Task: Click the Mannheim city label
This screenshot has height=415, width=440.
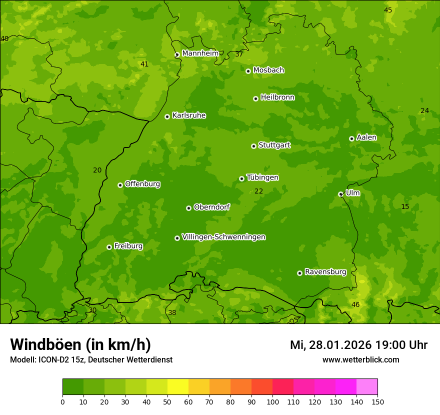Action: click(x=200, y=53)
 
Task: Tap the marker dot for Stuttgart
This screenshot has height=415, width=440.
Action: click(x=253, y=146)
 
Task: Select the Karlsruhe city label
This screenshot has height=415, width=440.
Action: click(x=189, y=115)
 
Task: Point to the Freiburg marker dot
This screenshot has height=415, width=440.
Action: click(x=109, y=247)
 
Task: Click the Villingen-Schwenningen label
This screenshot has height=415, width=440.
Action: click(x=223, y=237)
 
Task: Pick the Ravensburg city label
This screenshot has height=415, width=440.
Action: click(x=325, y=272)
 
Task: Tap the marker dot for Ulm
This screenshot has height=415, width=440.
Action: click(x=340, y=194)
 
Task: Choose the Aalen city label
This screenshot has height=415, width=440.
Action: click(x=366, y=137)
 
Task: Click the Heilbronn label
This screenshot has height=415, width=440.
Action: click(x=277, y=97)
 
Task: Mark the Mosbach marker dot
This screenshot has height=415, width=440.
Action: click(x=248, y=71)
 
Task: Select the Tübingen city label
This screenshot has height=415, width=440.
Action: click(x=262, y=177)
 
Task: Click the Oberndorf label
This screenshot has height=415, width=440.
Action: click(x=211, y=207)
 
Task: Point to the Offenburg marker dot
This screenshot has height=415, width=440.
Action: click(x=120, y=185)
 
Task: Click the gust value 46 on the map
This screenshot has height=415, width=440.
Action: click(x=355, y=304)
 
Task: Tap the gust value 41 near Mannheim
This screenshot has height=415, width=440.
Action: click(x=144, y=64)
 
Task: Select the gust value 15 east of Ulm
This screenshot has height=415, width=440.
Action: click(x=405, y=206)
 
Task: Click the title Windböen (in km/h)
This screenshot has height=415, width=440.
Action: click(x=80, y=344)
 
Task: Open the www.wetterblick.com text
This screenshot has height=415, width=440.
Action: click(x=360, y=359)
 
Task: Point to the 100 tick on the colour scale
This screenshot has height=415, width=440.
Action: click(x=272, y=401)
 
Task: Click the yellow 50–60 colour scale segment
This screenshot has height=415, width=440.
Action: click(x=178, y=387)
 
